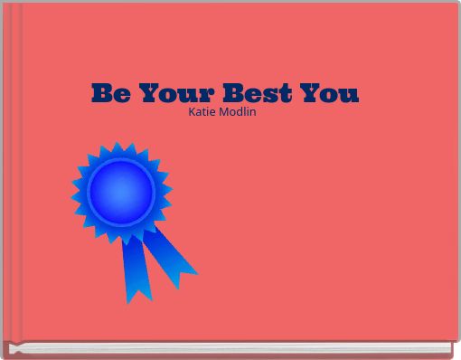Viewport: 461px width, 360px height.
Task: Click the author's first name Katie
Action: pyautogui.click(x=202, y=111)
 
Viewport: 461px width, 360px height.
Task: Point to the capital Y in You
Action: pyautogui.click(x=310, y=93)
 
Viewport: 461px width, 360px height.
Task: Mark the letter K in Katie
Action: pyautogui.click(x=191, y=111)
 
